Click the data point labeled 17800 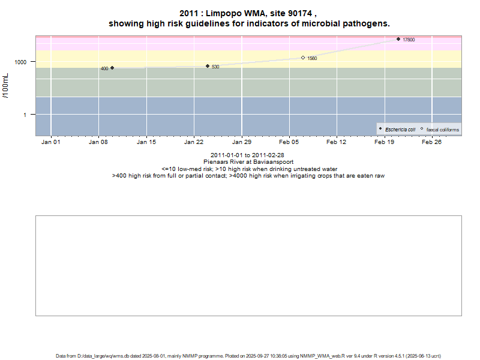click(x=398, y=39)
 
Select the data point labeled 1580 click(x=303, y=58)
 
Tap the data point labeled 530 click(x=208, y=66)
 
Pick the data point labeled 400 click(x=112, y=68)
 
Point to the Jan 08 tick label click(x=98, y=142)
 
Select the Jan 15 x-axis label click(x=146, y=142)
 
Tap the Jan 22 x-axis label click(x=194, y=142)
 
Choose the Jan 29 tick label click(x=242, y=142)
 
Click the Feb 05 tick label click(x=289, y=142)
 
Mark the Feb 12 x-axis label click(x=337, y=142)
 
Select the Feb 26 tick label click(x=432, y=142)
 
